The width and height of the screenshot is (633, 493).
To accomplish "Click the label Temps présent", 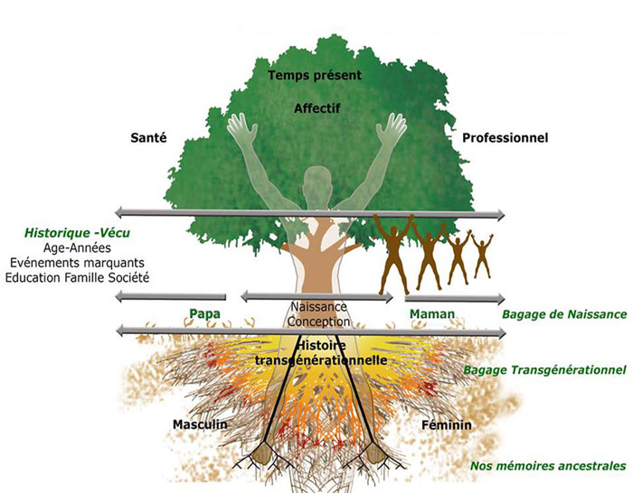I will [x=315, y=75].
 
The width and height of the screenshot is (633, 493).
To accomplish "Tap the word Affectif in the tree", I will [x=315, y=109].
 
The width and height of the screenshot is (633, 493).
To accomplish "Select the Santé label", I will [x=151, y=137].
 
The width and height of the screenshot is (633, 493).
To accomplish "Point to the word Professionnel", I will [x=505, y=137].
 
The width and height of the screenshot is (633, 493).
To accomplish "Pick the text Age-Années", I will [x=76, y=247].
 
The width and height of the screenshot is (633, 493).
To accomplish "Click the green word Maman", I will [x=431, y=313].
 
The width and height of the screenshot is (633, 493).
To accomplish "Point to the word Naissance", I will [x=316, y=306].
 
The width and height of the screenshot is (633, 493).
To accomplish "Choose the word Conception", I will [x=316, y=321].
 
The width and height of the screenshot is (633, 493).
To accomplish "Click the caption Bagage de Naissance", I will [x=563, y=314].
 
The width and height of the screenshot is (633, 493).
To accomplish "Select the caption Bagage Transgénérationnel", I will [x=544, y=370].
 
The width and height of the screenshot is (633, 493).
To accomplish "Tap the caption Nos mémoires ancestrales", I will [x=548, y=466].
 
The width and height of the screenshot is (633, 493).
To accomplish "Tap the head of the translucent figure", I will [x=316, y=181].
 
